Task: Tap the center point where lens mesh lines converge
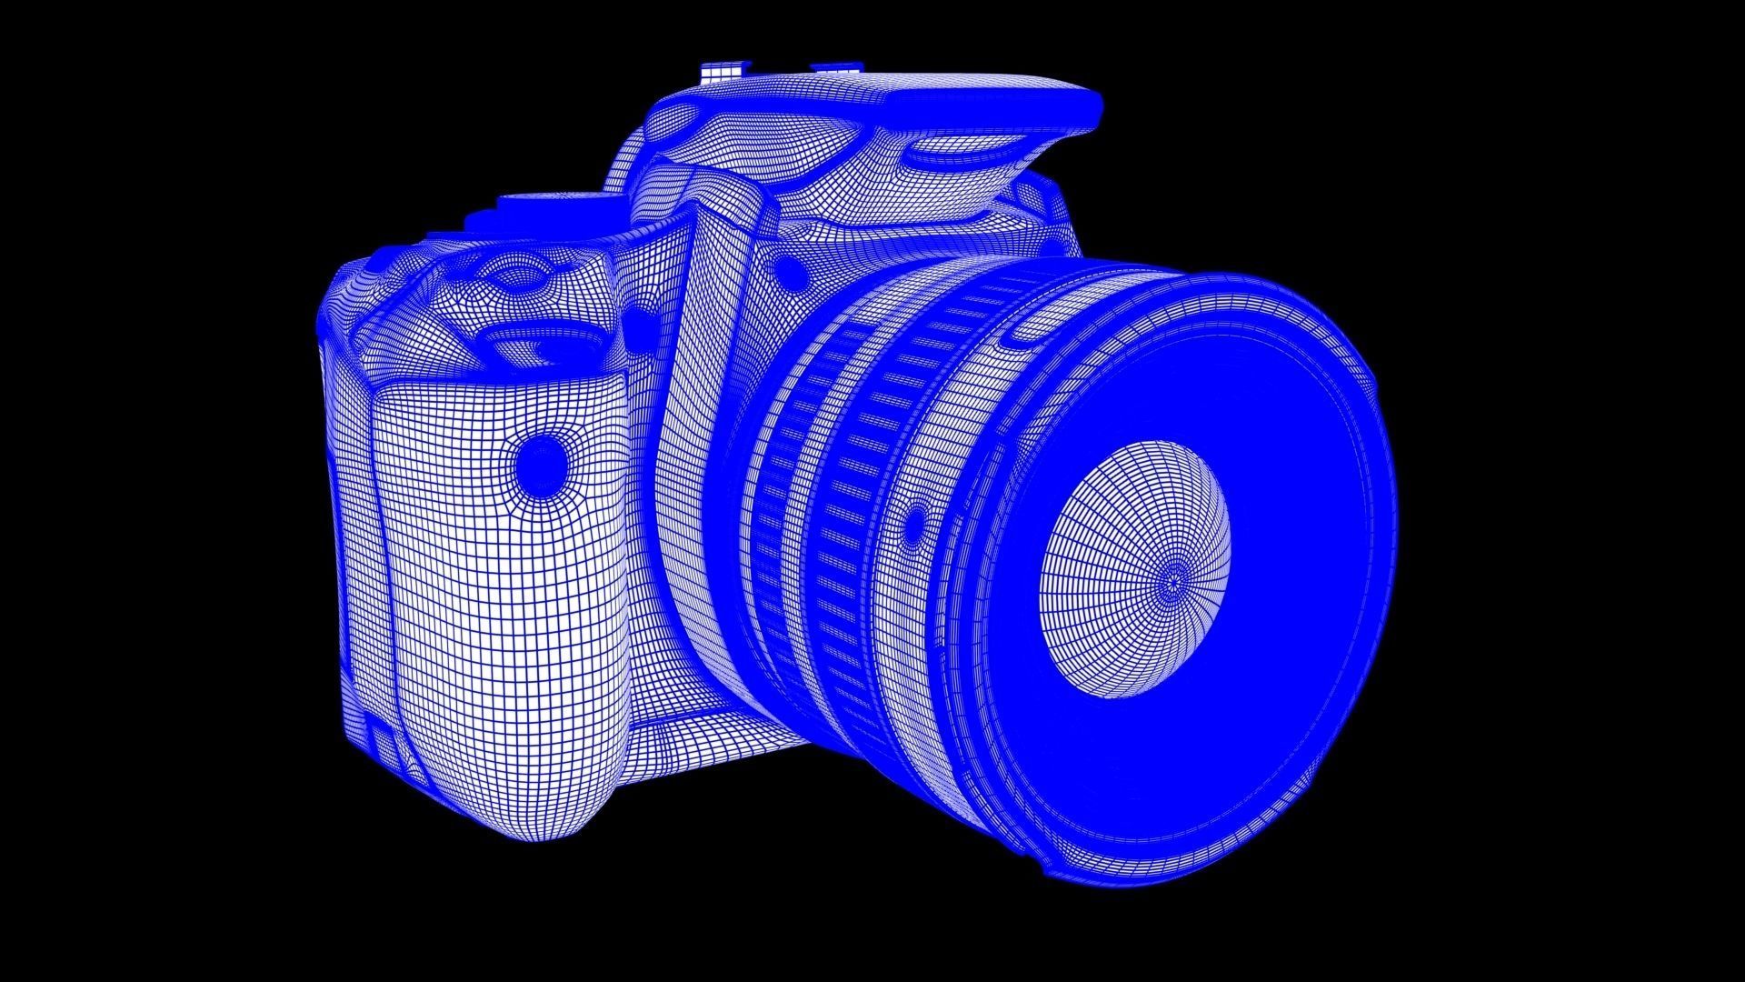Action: click(x=1173, y=579)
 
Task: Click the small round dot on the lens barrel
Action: click(x=913, y=527)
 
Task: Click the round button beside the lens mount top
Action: click(x=793, y=271)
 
